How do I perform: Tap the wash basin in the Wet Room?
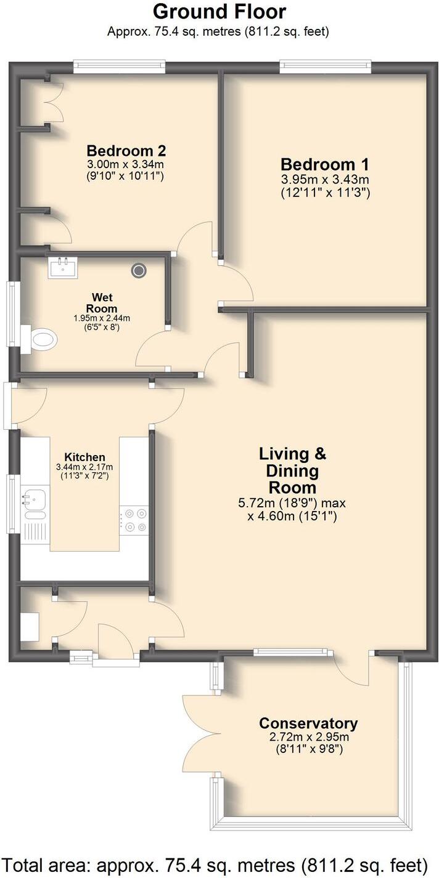(x=63, y=268)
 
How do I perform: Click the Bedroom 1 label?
(x=324, y=164)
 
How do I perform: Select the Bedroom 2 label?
(x=126, y=150)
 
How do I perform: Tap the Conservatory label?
(x=308, y=723)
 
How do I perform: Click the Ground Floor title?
(x=219, y=12)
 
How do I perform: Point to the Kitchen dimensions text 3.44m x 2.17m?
(x=85, y=467)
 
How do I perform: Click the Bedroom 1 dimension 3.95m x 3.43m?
(x=324, y=180)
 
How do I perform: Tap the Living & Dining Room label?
(x=292, y=470)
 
